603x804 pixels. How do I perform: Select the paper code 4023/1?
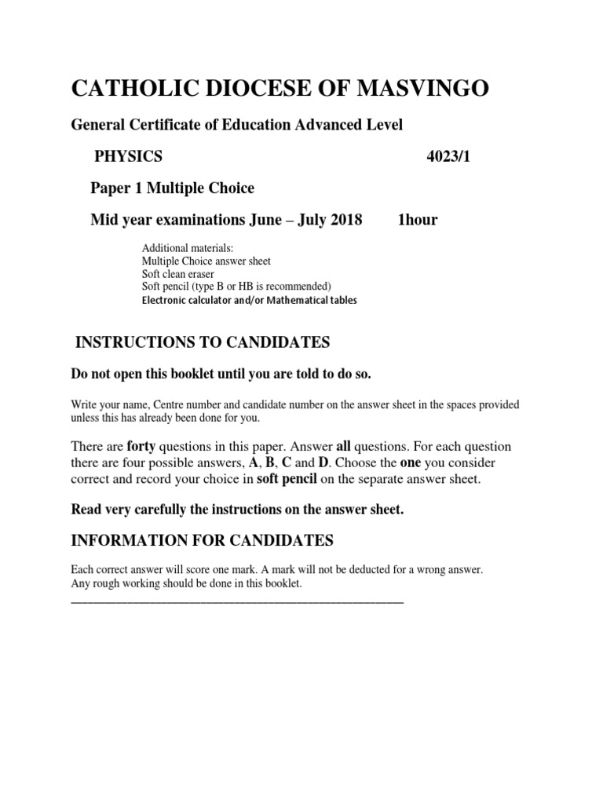[x=448, y=156]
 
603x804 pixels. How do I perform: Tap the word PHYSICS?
[x=128, y=156]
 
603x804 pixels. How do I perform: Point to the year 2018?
[x=346, y=220]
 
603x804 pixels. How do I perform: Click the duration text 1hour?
[x=418, y=220]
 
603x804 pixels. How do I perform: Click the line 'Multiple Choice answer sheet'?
[x=206, y=261]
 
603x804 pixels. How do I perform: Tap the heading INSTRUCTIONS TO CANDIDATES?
[x=203, y=342]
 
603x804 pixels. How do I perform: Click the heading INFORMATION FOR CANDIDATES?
[x=203, y=541]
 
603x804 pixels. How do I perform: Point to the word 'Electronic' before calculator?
[x=165, y=300]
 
